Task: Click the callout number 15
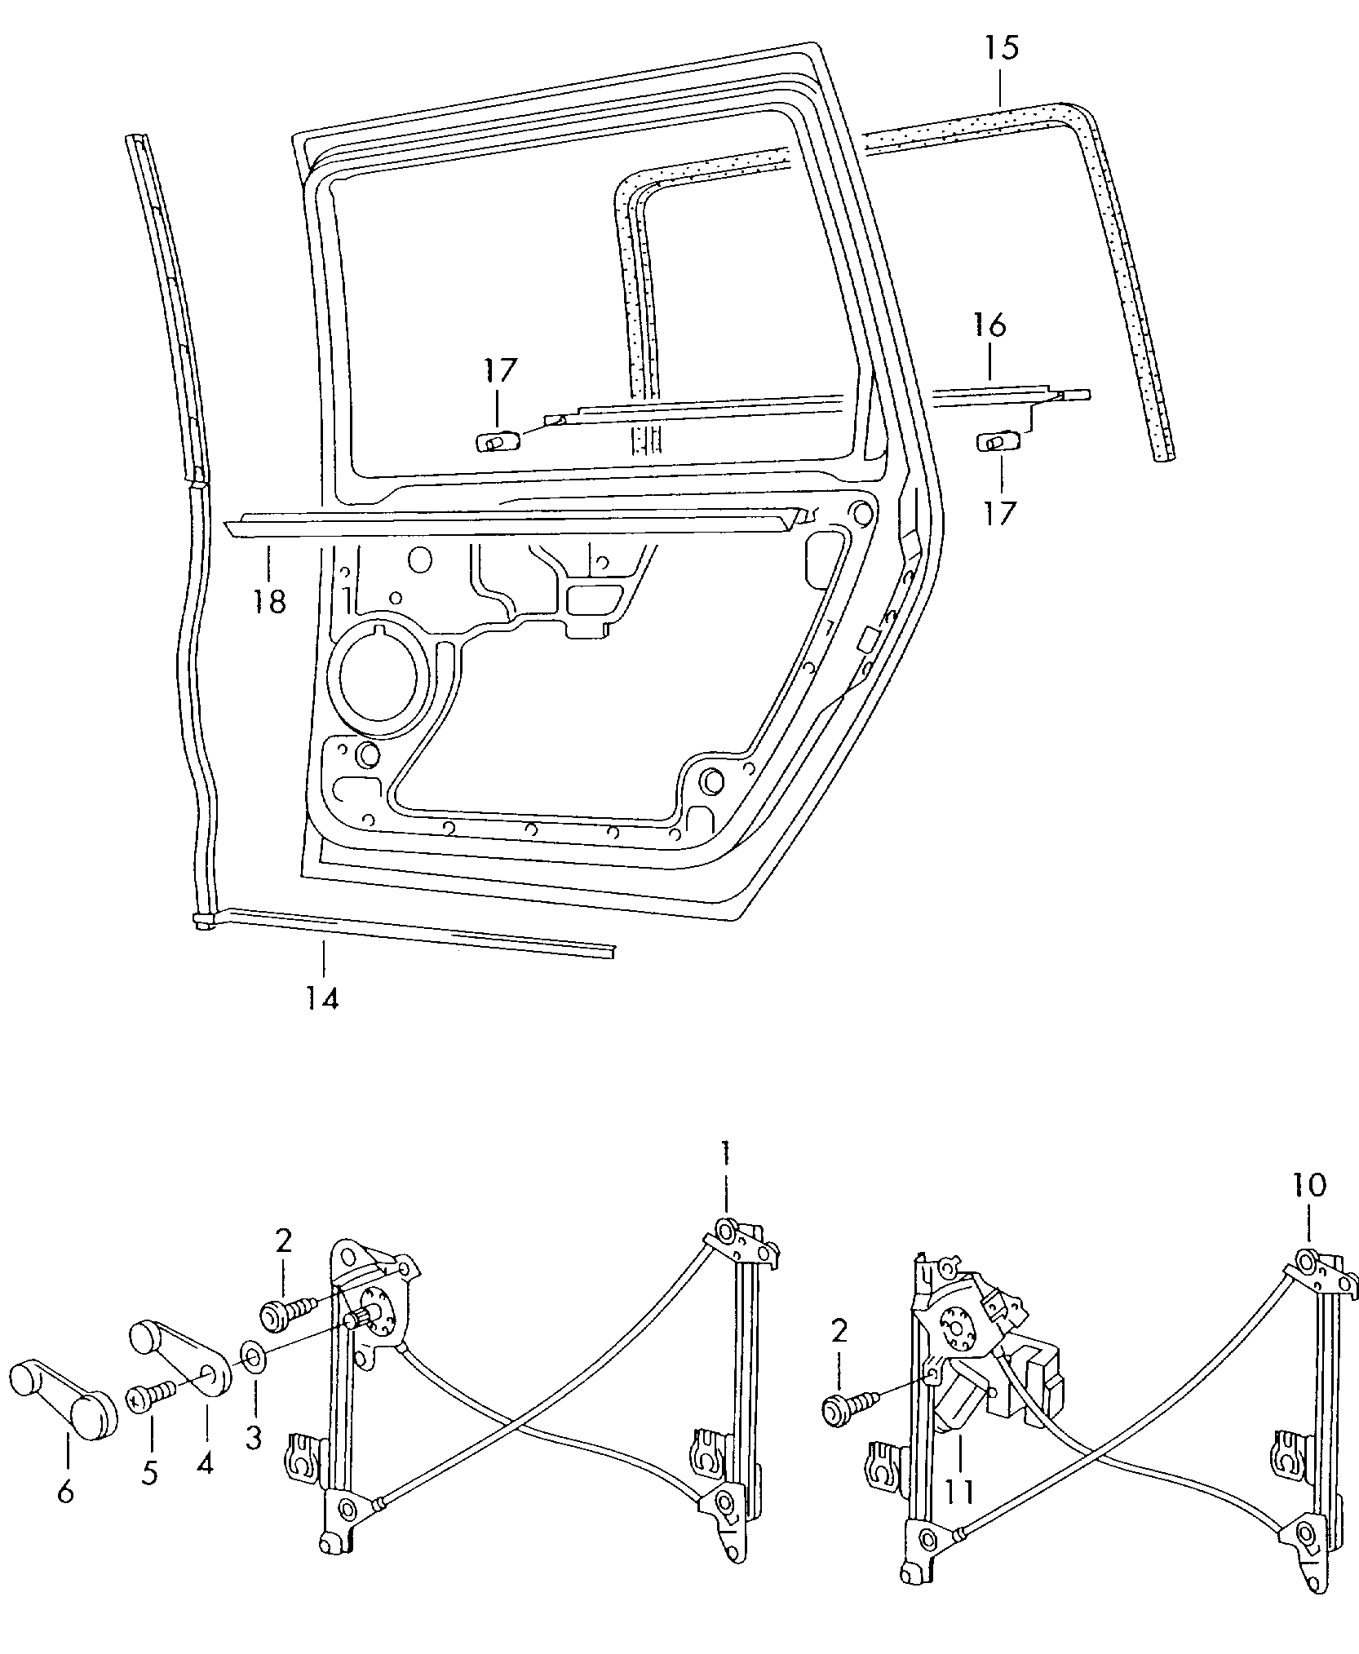(1001, 48)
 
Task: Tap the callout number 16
(989, 325)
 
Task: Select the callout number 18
(269, 601)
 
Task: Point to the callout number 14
(322, 997)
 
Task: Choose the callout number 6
(66, 1492)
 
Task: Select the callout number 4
(205, 1464)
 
